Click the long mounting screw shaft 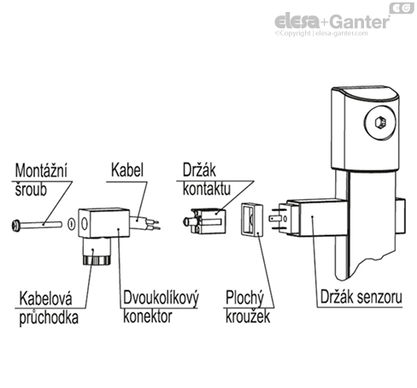click(43, 226)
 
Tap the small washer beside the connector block click(73, 227)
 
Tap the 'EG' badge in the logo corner click(401, 8)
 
